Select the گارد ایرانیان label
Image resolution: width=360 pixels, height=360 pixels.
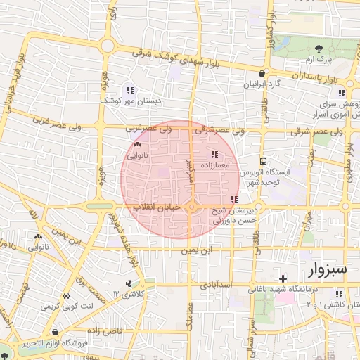click(x=262, y=84)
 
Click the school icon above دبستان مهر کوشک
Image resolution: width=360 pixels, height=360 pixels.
click(x=129, y=90)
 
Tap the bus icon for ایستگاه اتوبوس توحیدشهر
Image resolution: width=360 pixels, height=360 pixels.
click(x=262, y=160)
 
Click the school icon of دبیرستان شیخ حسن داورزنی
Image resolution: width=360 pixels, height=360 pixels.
click(x=233, y=200)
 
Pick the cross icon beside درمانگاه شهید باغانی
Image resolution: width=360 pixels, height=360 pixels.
click(x=283, y=279)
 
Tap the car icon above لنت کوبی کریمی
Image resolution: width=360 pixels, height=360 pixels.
click(x=66, y=297)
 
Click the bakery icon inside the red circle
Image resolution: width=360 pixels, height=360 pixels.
click(x=136, y=144)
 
